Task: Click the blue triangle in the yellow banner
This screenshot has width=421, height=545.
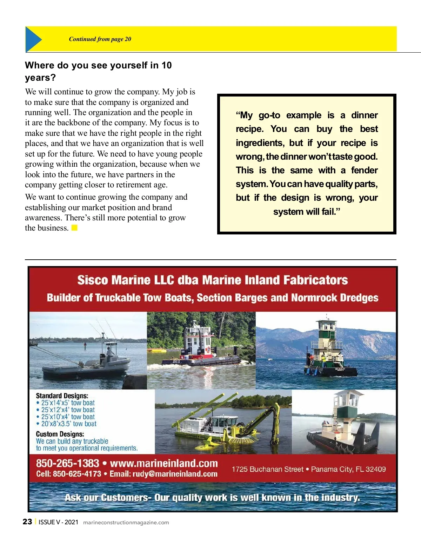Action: (33, 39)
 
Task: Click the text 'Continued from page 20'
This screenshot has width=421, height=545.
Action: (100, 39)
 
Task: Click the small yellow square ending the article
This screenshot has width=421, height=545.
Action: (74, 228)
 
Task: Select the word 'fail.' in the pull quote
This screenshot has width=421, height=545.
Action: (330, 212)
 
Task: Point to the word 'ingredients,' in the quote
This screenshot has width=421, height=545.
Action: (260, 143)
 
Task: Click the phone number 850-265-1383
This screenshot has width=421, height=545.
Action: (67, 463)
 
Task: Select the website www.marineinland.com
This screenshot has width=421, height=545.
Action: (164, 463)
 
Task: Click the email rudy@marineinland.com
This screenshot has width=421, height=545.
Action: (175, 474)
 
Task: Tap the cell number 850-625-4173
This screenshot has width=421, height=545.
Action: (77, 474)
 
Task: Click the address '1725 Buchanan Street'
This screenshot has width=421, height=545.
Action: (267, 469)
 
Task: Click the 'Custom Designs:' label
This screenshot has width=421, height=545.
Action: (60, 434)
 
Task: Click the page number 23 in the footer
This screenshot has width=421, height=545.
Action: (27, 522)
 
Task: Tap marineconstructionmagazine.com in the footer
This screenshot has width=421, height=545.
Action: (126, 523)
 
